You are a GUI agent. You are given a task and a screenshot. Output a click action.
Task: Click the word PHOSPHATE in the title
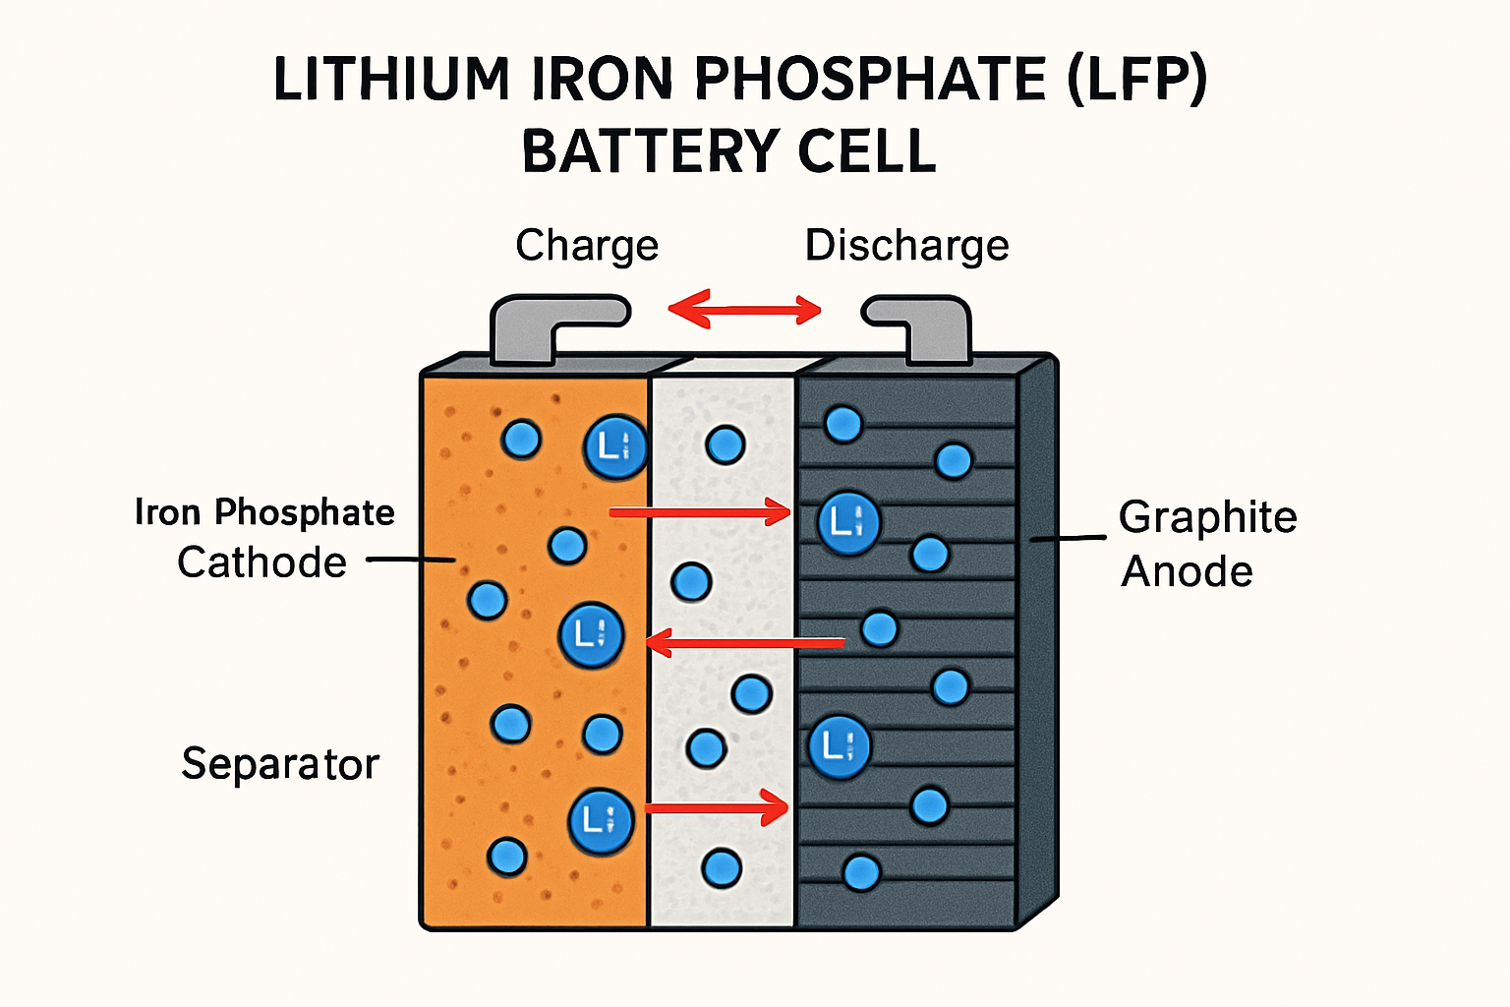tap(871, 80)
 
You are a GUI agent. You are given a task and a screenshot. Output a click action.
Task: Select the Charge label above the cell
tap(587, 246)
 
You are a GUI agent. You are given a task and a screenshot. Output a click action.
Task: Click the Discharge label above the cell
tap(906, 246)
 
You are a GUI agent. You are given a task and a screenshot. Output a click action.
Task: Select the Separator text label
tap(280, 764)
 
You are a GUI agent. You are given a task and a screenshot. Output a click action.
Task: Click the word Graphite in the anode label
tap(1207, 517)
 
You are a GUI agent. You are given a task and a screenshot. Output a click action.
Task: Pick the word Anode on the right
tap(1187, 571)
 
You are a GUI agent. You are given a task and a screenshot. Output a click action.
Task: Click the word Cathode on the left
tap(261, 563)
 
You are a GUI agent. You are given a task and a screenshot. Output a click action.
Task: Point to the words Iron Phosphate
tap(264, 512)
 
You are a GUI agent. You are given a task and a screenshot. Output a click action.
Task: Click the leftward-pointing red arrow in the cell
tap(744, 644)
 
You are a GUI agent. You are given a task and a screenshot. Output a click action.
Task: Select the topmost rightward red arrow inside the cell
tap(700, 511)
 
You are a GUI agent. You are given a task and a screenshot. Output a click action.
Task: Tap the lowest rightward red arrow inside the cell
tap(717, 809)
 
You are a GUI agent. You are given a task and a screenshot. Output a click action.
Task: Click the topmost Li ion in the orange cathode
tap(615, 447)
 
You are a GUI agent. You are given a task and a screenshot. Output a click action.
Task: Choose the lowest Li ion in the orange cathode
tap(600, 820)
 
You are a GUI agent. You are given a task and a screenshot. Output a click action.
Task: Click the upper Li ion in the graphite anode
tap(847, 522)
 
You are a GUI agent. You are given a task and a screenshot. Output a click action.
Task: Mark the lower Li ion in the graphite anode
tap(839, 747)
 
